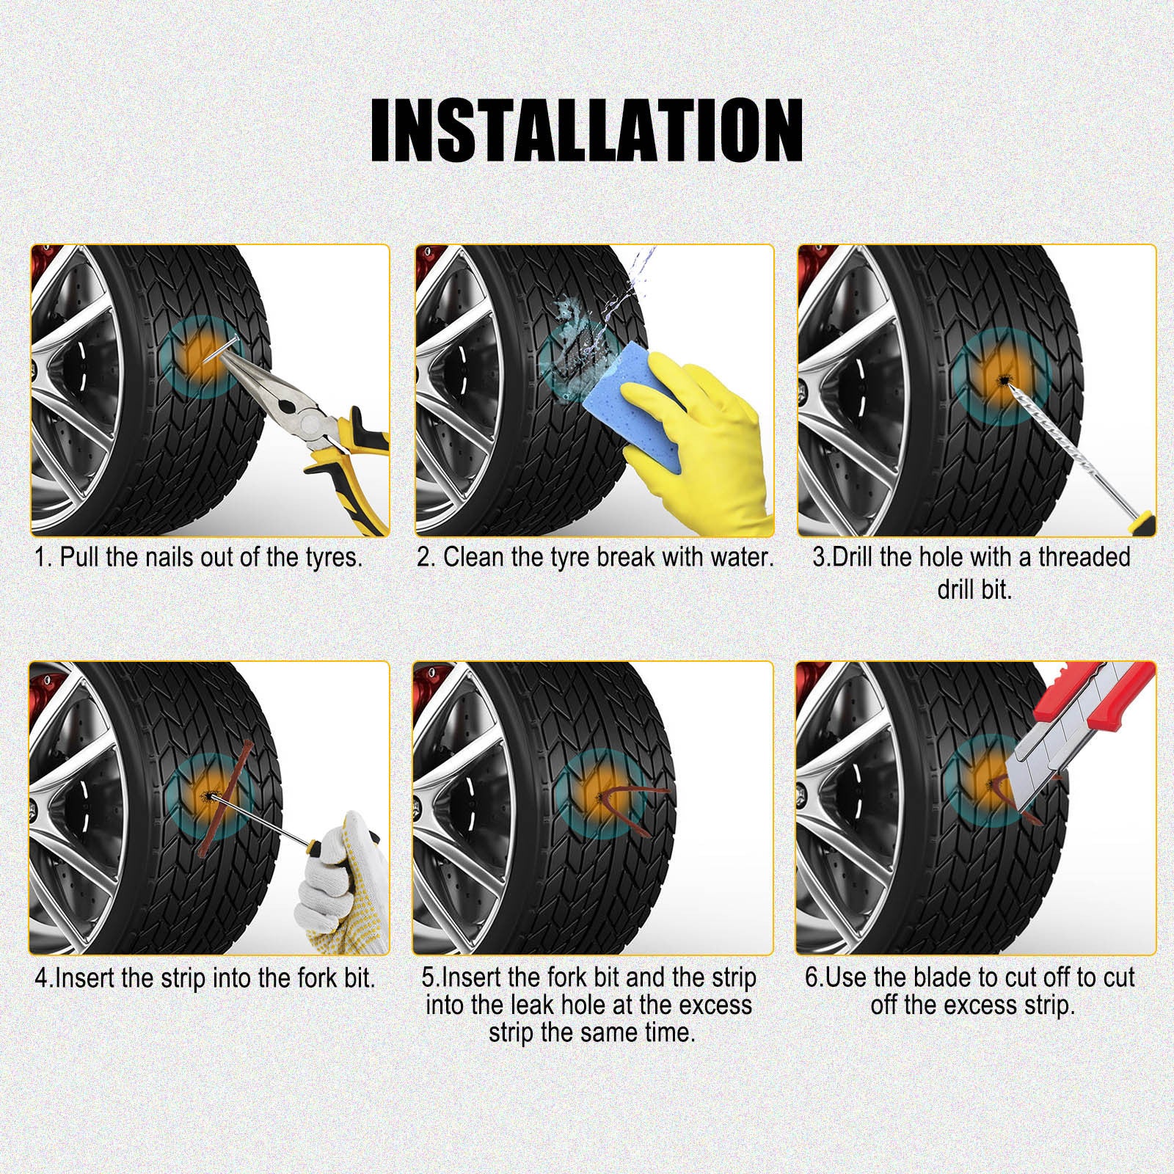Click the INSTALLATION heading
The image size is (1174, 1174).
point(586,130)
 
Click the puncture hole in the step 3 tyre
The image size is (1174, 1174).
point(1002,379)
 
